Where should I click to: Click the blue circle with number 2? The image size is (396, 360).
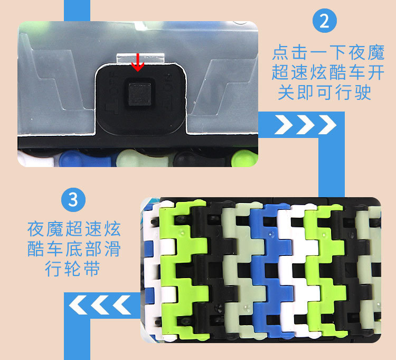pyautogui.click(x=324, y=22)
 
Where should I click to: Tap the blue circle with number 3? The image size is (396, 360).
pyautogui.click(x=73, y=200)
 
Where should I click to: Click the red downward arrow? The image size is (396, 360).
pyautogui.click(x=138, y=61)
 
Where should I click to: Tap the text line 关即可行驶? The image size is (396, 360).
pyautogui.click(x=325, y=93)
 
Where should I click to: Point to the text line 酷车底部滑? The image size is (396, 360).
pyautogui.click(x=74, y=249)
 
